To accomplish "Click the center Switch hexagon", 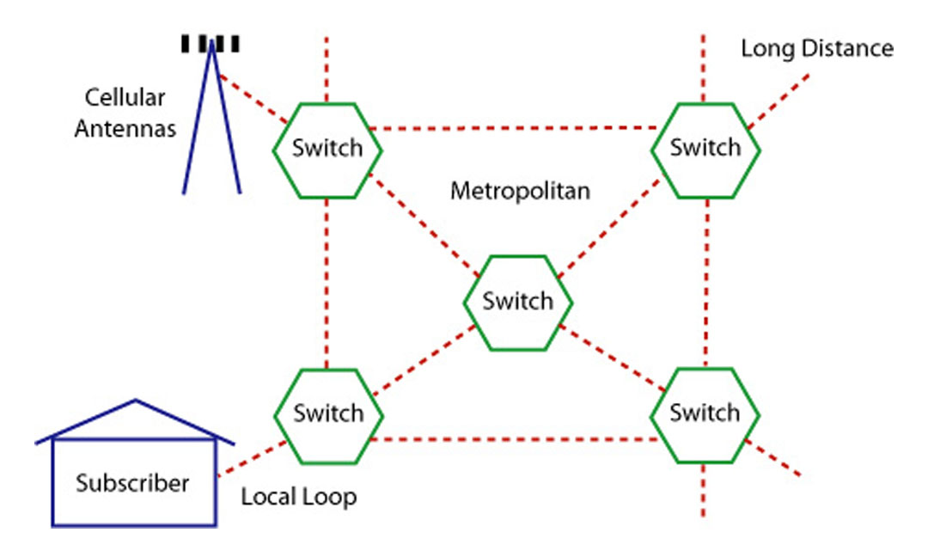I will (x=518, y=302).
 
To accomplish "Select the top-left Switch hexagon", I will (x=327, y=149).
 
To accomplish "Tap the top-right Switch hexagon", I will (x=705, y=149).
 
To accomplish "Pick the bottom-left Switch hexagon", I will (x=328, y=414).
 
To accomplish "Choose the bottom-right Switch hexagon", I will (x=705, y=414).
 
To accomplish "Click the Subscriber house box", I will (x=133, y=482).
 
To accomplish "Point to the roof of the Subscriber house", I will (x=135, y=420).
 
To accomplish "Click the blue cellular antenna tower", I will (x=211, y=120).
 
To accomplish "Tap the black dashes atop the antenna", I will (x=211, y=43).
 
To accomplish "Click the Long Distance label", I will (x=817, y=49).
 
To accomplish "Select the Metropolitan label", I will (x=520, y=191).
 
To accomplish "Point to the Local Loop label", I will (x=298, y=498).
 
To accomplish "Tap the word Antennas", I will (x=125, y=129).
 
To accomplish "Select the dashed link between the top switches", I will (x=516, y=129).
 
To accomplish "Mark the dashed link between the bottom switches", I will (x=516, y=439).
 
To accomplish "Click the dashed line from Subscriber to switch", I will (x=251, y=458).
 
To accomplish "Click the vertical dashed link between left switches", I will (x=327, y=284).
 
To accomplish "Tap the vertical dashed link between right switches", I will (x=705, y=284).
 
